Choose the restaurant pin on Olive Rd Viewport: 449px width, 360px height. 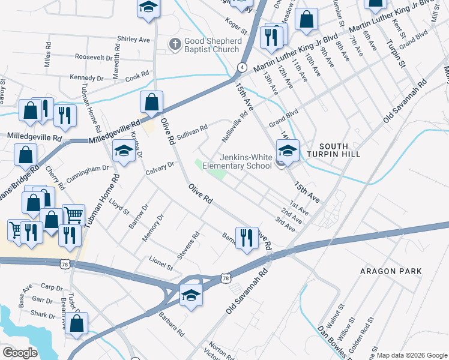[246, 238]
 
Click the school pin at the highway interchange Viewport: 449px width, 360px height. [191, 296]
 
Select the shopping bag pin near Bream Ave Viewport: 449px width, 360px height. [77, 325]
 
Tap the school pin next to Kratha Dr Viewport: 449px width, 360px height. [123, 152]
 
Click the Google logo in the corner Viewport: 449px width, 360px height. [20, 352]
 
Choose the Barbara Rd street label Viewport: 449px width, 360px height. [171, 322]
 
